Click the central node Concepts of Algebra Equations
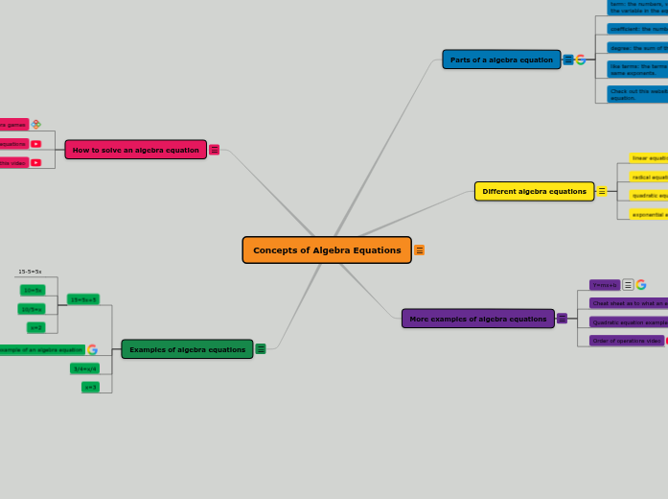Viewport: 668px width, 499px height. [x=327, y=250]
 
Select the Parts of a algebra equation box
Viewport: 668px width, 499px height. [x=501, y=59]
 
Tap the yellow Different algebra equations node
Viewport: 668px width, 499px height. [x=534, y=191]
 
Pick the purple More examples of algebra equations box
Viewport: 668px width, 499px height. [x=477, y=319]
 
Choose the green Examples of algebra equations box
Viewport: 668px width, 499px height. [x=187, y=349]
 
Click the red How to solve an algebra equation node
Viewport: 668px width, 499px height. [x=135, y=150]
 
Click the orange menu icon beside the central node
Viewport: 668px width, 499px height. [x=419, y=250]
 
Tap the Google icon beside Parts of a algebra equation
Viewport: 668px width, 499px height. [x=581, y=59]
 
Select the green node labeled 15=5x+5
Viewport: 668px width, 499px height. [x=82, y=299]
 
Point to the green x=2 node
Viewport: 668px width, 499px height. [x=35, y=327]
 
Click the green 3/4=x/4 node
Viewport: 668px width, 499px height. [x=85, y=368]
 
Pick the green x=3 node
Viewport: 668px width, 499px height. [x=90, y=387]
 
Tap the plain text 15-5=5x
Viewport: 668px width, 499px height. [x=30, y=272]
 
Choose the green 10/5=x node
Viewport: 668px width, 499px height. [x=32, y=309]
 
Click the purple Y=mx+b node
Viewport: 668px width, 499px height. [x=605, y=285]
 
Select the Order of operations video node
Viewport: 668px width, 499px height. [x=626, y=341]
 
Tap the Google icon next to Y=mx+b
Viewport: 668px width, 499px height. [x=641, y=285]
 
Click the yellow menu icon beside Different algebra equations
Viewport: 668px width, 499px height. [x=602, y=191]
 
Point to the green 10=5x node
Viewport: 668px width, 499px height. [x=33, y=290]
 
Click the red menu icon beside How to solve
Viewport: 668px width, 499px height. [x=214, y=150]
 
